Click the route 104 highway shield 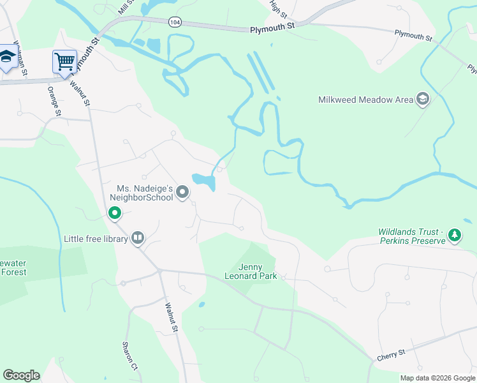pos(174,22)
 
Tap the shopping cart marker pos(64,62)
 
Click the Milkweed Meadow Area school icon pos(422,99)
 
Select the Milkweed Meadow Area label pos(365,100)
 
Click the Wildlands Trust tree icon pos(454,236)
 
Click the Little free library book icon pos(137,238)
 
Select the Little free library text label pos(96,239)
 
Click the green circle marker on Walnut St pos(115,213)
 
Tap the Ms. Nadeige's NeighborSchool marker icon pos(182,192)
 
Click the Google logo pos(21,375)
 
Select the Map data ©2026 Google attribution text pos(437,378)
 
